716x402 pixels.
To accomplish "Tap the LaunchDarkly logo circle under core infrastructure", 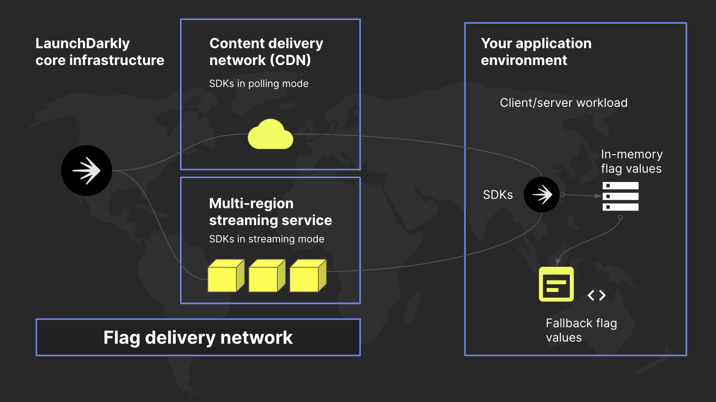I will click(x=87, y=171).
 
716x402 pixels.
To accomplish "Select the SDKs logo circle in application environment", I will click(x=541, y=195).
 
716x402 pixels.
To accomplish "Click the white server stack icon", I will click(x=620, y=196).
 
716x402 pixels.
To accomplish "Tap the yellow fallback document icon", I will click(x=556, y=284).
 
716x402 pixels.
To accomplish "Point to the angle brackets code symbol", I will click(x=596, y=295).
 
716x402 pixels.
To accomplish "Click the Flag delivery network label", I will click(x=198, y=337).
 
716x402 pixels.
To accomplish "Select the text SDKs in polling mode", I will click(x=259, y=84).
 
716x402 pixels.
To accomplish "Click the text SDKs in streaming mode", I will click(x=266, y=239).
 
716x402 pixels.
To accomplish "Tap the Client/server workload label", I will click(x=563, y=103).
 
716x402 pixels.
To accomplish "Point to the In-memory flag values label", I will click(x=631, y=161).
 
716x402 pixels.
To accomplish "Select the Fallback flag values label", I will click(x=581, y=330).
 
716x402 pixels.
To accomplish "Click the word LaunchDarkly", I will click(x=82, y=43).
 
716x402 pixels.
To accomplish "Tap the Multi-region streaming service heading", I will click(x=270, y=212).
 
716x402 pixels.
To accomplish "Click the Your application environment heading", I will click(x=536, y=52).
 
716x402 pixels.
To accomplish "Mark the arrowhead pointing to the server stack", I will click(x=598, y=196).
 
